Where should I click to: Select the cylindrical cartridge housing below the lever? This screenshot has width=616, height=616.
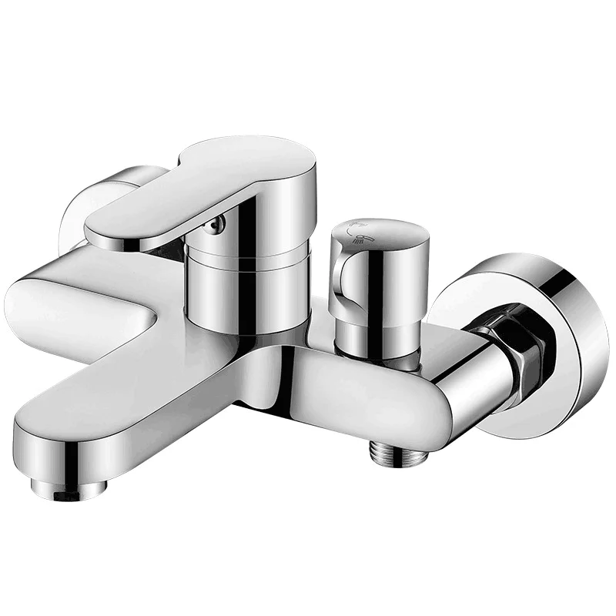tap(246, 285)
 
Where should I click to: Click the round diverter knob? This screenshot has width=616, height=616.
tap(377, 269)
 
